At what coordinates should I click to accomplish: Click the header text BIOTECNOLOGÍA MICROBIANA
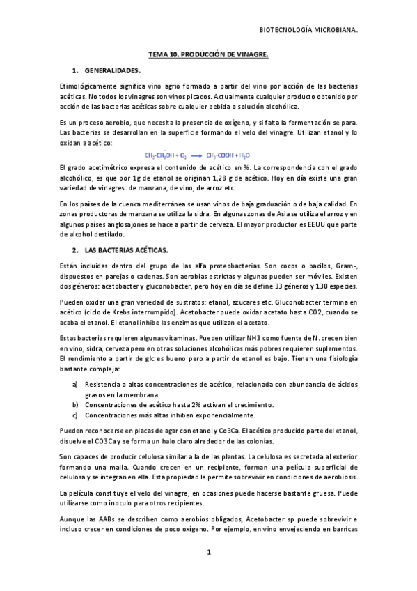click(x=308, y=31)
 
